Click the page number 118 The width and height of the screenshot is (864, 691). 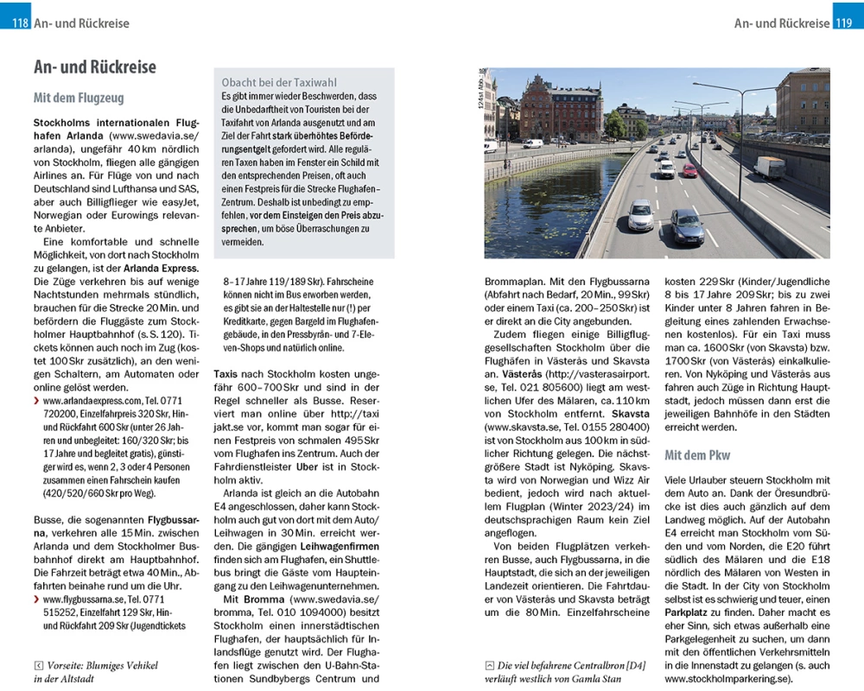pyautogui.click(x=19, y=23)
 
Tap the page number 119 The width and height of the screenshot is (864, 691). pyautogui.click(x=843, y=23)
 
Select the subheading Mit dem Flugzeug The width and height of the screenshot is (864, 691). pyautogui.click(x=80, y=98)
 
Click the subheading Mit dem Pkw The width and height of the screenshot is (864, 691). pyautogui.click(x=696, y=454)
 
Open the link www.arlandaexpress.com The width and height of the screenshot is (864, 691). pyautogui.click(x=88, y=401)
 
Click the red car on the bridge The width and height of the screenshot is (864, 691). pyautogui.click(x=689, y=170)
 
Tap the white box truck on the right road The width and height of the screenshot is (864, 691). pyautogui.click(x=769, y=166)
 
